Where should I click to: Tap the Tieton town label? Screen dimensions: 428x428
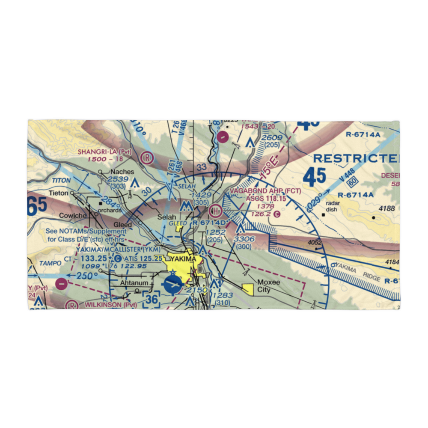(58, 193)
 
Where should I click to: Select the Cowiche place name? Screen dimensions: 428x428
(73, 215)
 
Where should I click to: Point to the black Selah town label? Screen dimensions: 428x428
(166, 217)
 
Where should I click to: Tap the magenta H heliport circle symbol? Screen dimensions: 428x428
(215, 210)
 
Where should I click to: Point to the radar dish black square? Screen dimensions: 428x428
(324, 215)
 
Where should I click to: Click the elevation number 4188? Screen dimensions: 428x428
(386, 208)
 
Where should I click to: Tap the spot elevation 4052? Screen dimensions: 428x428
(314, 242)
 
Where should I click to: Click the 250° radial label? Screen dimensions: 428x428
(84, 276)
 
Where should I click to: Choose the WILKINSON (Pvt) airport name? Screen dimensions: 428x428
(110, 305)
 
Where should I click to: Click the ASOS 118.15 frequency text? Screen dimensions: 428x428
(265, 198)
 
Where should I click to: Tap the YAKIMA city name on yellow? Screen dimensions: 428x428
(183, 259)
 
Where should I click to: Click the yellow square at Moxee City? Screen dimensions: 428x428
(247, 290)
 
